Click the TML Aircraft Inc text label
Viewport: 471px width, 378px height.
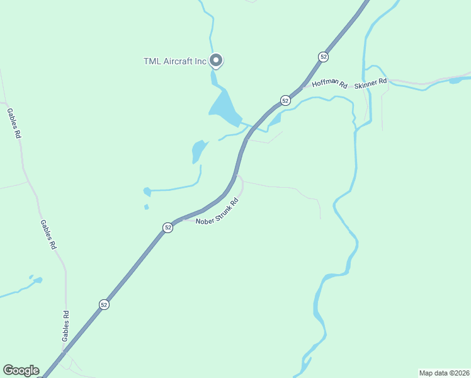click(x=174, y=61)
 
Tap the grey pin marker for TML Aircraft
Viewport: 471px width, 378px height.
click(x=216, y=60)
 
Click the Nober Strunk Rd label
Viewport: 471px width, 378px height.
click(x=218, y=212)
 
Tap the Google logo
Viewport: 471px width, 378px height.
click(x=21, y=370)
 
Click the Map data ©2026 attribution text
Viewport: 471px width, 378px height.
click(x=443, y=372)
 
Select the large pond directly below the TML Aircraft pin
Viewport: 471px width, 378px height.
click(x=225, y=108)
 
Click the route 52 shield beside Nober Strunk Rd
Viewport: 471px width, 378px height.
click(x=167, y=227)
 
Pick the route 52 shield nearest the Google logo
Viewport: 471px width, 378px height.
click(x=104, y=304)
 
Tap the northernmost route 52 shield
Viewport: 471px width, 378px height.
click(x=323, y=57)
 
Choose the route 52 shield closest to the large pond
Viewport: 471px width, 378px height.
click(x=285, y=100)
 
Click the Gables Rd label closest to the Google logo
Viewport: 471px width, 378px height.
click(x=65, y=326)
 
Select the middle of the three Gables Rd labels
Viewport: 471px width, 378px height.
click(x=48, y=234)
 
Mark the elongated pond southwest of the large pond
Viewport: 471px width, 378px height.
click(x=198, y=151)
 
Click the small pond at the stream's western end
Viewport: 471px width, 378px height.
click(x=147, y=191)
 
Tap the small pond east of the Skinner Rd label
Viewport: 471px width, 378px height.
click(x=455, y=80)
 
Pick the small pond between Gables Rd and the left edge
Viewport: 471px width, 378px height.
click(x=36, y=280)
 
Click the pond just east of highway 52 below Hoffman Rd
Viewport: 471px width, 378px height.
click(x=275, y=120)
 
